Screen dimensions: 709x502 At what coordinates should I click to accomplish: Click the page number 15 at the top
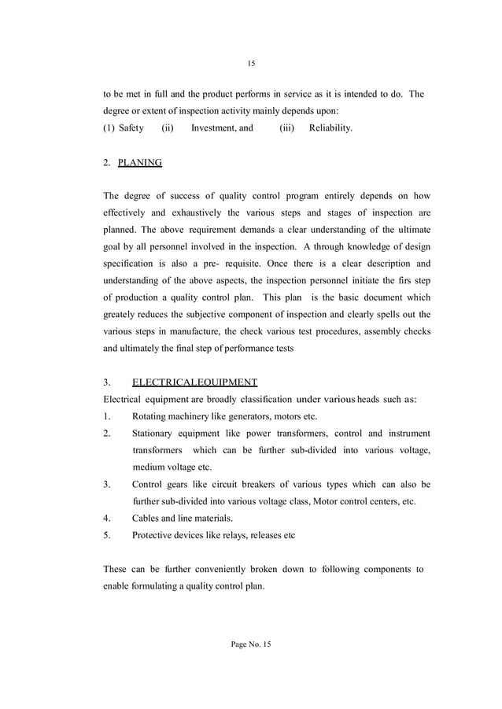[x=251, y=63]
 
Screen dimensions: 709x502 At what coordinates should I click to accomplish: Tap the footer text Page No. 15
[x=250, y=644]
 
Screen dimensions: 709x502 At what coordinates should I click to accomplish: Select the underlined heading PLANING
[x=139, y=163]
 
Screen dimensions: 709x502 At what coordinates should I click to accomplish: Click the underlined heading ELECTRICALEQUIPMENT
[x=194, y=382]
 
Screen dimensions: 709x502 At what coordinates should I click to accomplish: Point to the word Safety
[x=131, y=127]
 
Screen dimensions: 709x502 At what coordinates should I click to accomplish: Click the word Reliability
[x=330, y=127]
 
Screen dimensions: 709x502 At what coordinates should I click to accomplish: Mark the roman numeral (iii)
[x=286, y=127]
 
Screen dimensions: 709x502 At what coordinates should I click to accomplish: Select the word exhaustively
[x=201, y=212]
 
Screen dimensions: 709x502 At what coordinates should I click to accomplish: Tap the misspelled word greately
[x=122, y=314]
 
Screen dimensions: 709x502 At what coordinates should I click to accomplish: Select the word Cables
[x=147, y=518]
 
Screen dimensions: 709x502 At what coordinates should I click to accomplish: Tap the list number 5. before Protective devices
[x=107, y=535]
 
